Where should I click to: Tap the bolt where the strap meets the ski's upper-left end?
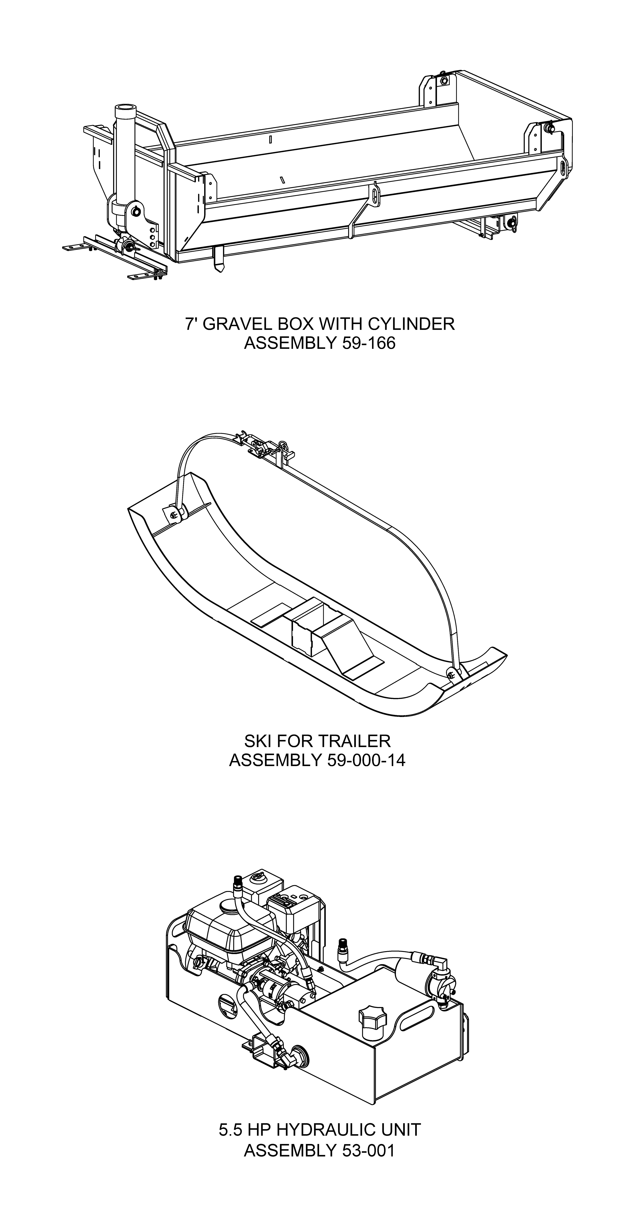click(x=173, y=515)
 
